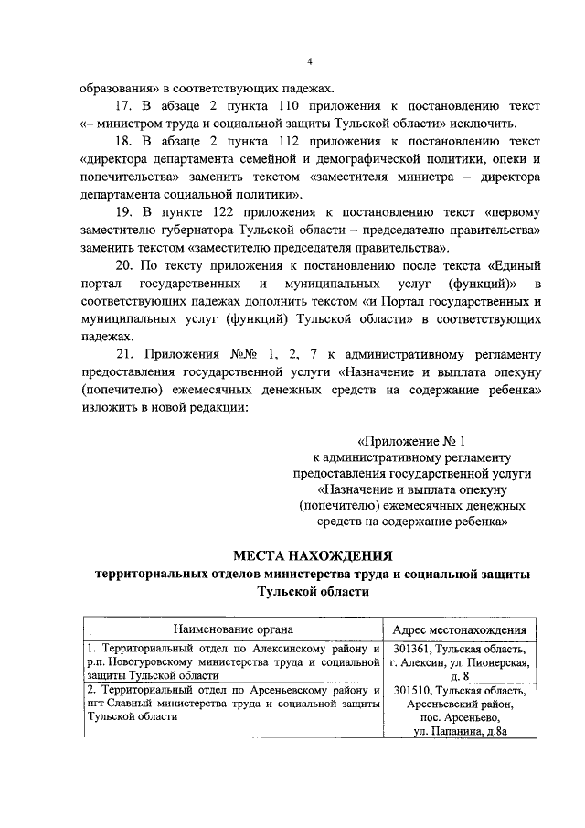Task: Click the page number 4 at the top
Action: point(310,61)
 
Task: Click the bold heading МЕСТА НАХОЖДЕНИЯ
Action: point(313,555)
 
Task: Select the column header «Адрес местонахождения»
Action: point(458,629)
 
